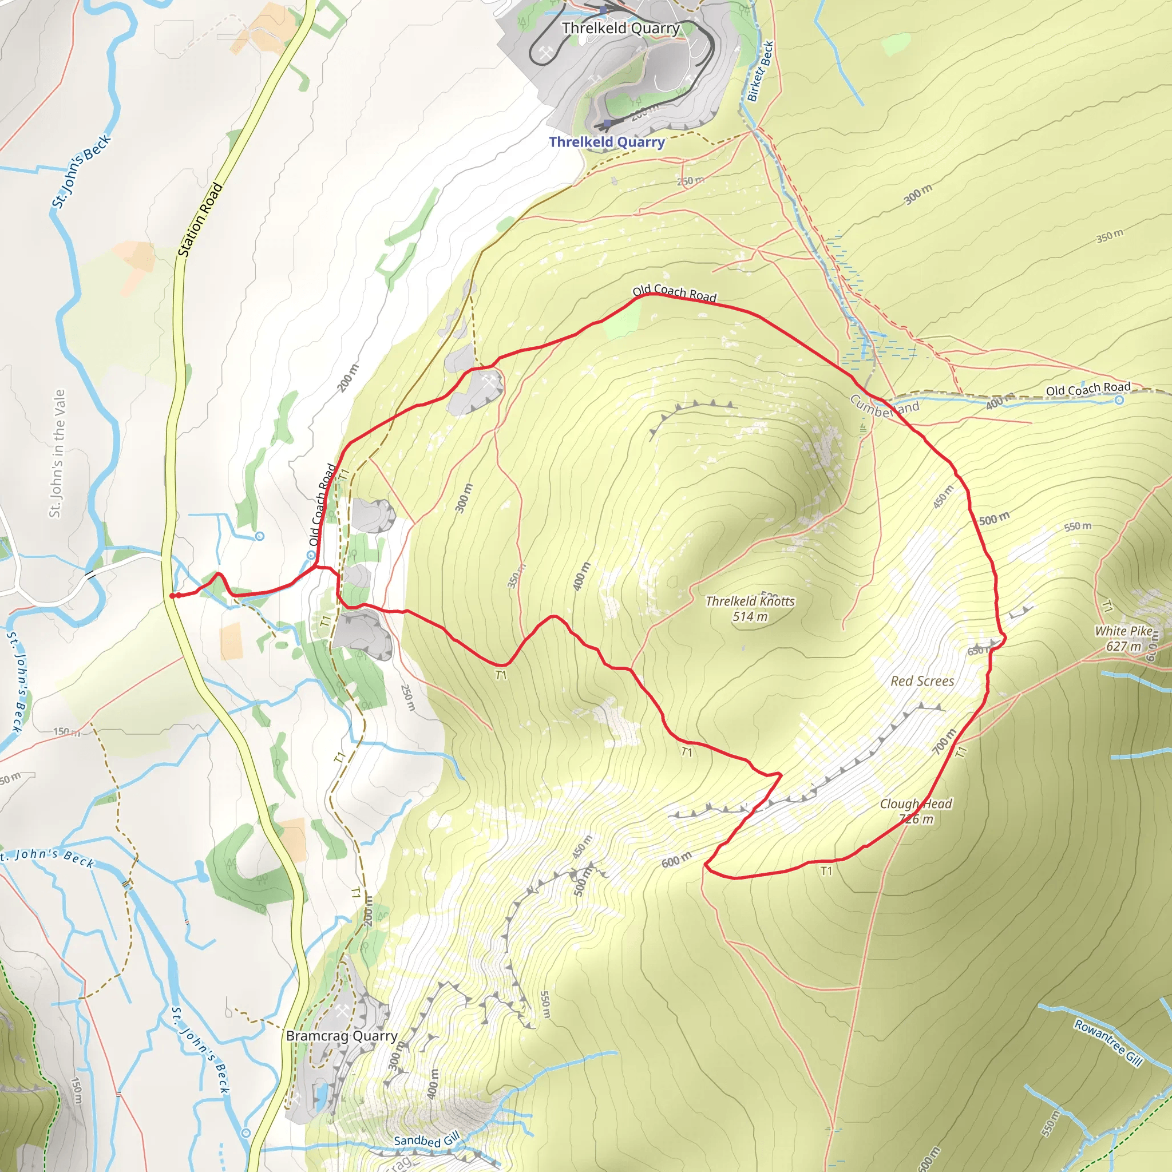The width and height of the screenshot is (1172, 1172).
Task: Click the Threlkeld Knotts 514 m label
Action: (750, 608)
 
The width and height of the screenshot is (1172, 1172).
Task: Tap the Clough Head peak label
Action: (916, 811)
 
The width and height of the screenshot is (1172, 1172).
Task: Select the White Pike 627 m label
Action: (1123, 638)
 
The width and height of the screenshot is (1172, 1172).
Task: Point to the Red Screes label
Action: (922, 681)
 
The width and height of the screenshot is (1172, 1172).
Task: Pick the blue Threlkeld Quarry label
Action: (607, 142)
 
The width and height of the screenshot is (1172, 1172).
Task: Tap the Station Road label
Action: (200, 220)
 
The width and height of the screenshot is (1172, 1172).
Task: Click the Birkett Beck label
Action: (760, 71)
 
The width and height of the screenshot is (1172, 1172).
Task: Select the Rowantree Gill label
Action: (1108, 1042)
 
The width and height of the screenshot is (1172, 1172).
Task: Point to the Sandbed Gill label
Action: (427, 1140)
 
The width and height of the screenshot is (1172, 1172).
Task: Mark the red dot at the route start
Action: (172, 596)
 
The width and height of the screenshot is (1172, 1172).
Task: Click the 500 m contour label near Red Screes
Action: (994, 518)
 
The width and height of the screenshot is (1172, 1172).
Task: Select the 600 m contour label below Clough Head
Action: (676, 860)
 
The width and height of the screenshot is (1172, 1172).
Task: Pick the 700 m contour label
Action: (944, 741)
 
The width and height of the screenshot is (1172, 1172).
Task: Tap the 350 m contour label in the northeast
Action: (1110, 236)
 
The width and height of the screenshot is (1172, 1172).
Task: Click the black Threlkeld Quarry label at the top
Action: (620, 29)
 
